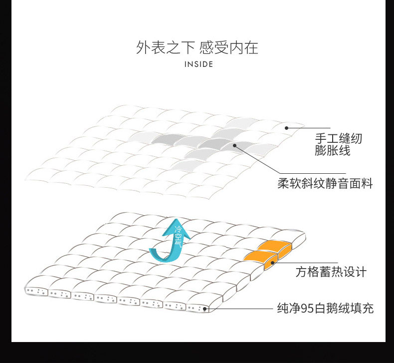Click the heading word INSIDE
(x=198, y=64)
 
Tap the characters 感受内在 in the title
(x=228, y=48)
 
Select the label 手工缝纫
(x=338, y=138)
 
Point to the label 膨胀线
(x=333, y=150)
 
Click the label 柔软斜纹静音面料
(x=325, y=183)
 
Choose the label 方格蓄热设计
(x=331, y=272)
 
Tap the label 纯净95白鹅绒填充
(x=325, y=308)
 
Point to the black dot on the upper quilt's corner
(x=287, y=128)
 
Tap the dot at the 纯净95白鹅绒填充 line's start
(x=204, y=309)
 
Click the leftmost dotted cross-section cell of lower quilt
(x=36, y=291)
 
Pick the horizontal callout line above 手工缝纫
(x=309, y=128)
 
